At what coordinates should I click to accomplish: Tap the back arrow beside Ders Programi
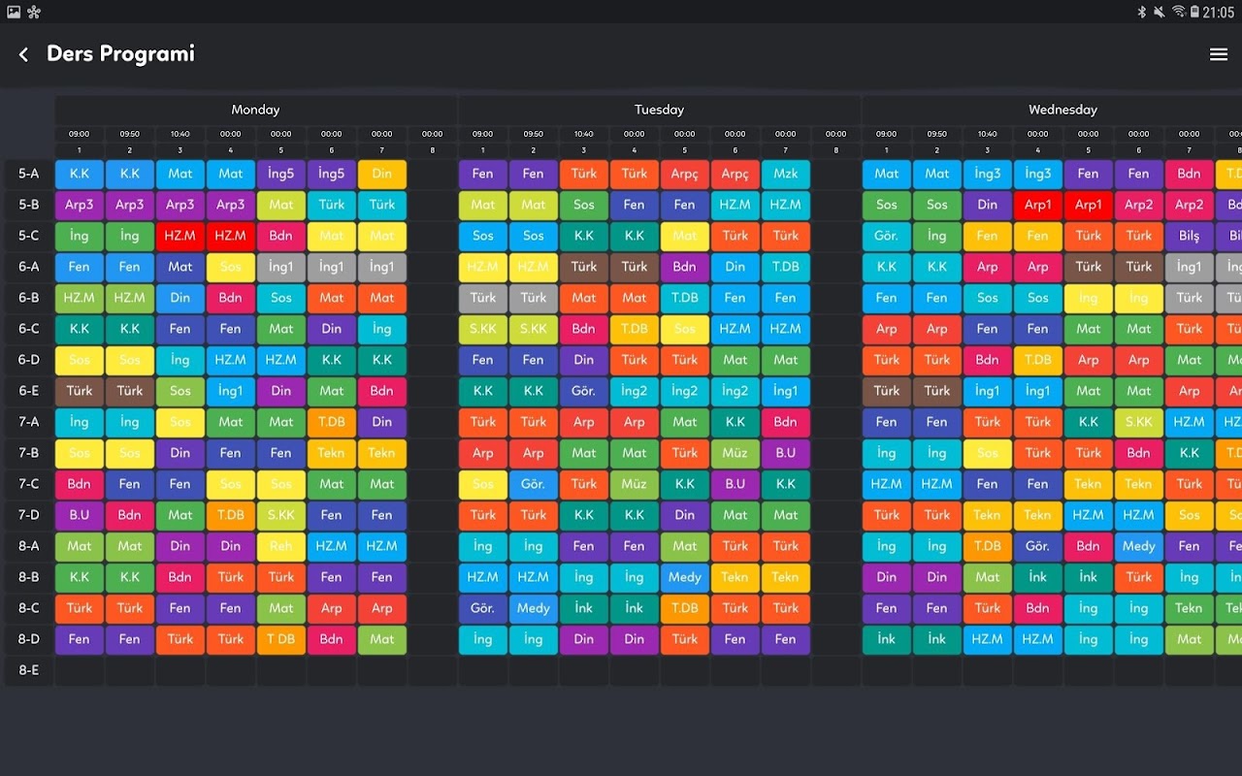(x=23, y=55)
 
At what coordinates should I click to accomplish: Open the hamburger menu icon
(x=1219, y=55)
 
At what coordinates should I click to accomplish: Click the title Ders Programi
(x=120, y=54)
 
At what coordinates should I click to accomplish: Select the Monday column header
(x=255, y=110)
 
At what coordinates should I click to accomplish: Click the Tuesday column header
(x=659, y=110)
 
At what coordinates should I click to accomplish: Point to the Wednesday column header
(x=1062, y=110)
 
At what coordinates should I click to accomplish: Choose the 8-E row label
(x=29, y=670)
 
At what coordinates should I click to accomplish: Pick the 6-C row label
(x=29, y=329)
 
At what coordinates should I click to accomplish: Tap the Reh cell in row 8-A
(x=281, y=546)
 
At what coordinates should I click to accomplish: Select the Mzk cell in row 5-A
(x=786, y=174)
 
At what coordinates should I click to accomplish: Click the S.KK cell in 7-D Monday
(x=281, y=515)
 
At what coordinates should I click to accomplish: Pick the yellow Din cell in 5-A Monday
(x=382, y=174)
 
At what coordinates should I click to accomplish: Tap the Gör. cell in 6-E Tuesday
(x=584, y=391)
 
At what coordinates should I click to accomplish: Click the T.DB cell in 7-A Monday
(x=332, y=422)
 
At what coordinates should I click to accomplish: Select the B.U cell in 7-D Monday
(x=80, y=515)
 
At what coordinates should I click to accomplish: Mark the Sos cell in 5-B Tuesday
(x=584, y=205)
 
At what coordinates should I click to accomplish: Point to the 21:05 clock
(x=1218, y=12)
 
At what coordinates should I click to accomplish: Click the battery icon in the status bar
(x=1194, y=12)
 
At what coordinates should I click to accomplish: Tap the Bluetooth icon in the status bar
(x=1142, y=12)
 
